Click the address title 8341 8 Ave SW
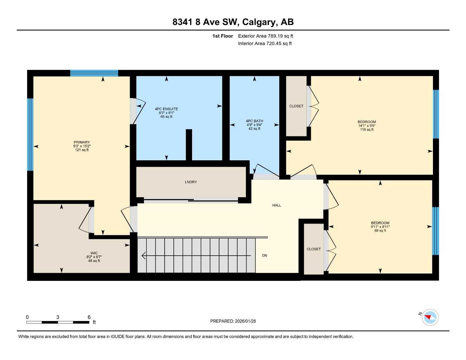click(x=233, y=22)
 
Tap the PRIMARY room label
click(x=82, y=142)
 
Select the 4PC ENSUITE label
click(x=166, y=109)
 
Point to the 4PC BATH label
click(x=254, y=121)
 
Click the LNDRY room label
click(x=191, y=182)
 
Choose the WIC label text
click(x=94, y=253)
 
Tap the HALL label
click(x=276, y=205)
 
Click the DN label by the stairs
click(x=264, y=256)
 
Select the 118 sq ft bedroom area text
click(x=366, y=130)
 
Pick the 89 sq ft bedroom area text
click(x=380, y=231)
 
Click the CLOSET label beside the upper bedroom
click(x=296, y=106)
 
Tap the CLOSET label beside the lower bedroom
click(x=314, y=249)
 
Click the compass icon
click(x=430, y=317)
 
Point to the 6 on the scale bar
click(x=89, y=317)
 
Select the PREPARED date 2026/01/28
click(x=233, y=321)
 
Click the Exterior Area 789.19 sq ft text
click(x=266, y=36)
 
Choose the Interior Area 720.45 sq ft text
click(x=265, y=44)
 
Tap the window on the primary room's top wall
click(x=94, y=73)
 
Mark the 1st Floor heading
click(x=222, y=36)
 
